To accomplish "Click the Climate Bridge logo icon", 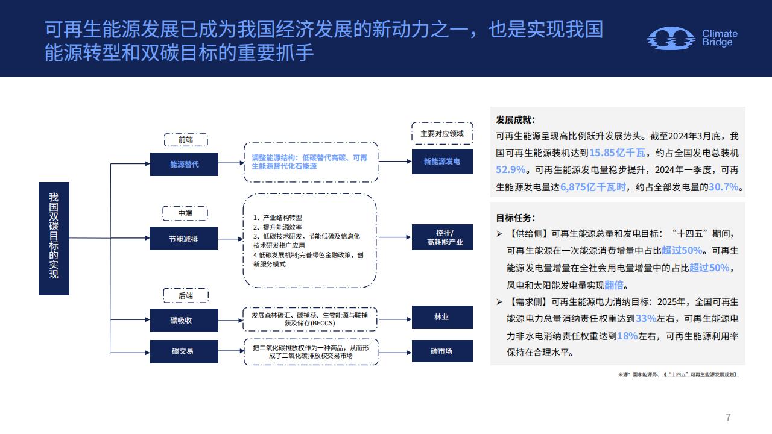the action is [670, 38].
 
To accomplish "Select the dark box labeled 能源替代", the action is [184, 165].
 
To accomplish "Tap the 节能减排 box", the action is [184, 238].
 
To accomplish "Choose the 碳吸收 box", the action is [184, 320].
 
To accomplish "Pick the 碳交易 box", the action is [184, 351].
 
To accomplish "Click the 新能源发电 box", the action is [442, 162].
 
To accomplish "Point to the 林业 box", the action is [442, 317].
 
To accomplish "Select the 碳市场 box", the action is [442, 351].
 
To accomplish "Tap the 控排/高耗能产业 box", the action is [442, 237].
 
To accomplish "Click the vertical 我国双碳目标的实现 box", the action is [54, 239].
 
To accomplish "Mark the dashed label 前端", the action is [186, 140].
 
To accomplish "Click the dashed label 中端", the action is [185, 213].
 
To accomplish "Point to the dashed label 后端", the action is [186, 295].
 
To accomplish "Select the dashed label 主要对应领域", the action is [442, 133].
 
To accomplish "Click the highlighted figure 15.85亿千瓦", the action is [617, 153].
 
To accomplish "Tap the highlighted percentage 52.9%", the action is [511, 169].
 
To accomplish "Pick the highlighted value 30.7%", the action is [724, 187].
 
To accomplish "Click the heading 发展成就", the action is [515, 120].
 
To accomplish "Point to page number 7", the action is [728, 417].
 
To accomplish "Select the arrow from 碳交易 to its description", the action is [231, 351].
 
